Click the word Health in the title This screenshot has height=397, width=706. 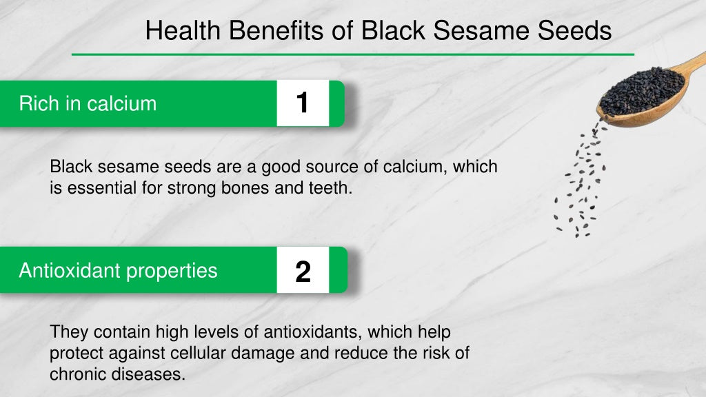click(x=183, y=30)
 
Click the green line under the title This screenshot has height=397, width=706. click(x=353, y=54)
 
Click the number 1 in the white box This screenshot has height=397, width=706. click(x=303, y=103)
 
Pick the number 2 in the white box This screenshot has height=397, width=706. click(x=303, y=272)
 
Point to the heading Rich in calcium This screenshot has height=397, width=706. click(x=88, y=103)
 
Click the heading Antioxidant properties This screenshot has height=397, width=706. click(x=118, y=270)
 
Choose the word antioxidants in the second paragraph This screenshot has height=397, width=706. click(x=313, y=332)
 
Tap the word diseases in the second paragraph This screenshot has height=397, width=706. click(x=148, y=374)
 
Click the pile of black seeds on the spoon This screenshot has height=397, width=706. click(x=642, y=92)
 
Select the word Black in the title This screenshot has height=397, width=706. click(x=392, y=30)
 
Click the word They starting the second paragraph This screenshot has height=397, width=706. click(x=69, y=332)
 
